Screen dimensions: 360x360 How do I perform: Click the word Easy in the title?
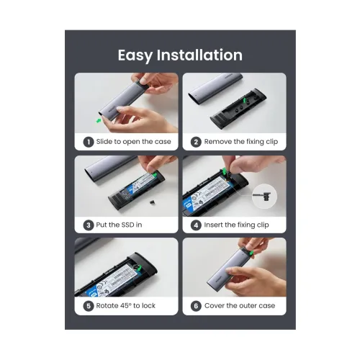pos(135,55)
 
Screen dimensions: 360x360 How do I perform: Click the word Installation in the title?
pos(199,55)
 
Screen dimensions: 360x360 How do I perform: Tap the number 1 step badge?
pos(89,142)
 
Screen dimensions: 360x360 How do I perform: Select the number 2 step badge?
pos(196,142)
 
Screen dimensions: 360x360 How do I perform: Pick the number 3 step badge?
pos(89,225)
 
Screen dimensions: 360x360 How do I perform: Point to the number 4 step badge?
pos(196,225)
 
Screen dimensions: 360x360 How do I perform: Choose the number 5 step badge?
pos(89,306)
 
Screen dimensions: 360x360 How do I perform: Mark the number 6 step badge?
pos(196,306)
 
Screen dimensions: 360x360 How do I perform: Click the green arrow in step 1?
pos(99,120)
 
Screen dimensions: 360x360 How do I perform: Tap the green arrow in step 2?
pos(244,100)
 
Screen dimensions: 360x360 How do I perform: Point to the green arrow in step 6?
pos(251,253)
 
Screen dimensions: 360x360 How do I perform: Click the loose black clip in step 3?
pos(151,202)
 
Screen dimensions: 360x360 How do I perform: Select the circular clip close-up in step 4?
pos(264,197)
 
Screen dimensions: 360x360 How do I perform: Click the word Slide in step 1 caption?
pos(104,142)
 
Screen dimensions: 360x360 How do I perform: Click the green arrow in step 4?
pos(224,171)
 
